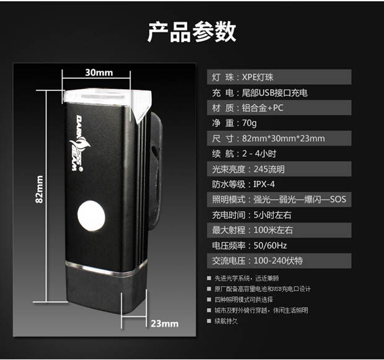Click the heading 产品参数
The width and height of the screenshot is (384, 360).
click(191, 32)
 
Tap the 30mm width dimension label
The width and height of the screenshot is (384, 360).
click(98, 72)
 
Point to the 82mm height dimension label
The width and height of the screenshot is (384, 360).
click(39, 190)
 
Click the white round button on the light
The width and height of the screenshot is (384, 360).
click(90, 217)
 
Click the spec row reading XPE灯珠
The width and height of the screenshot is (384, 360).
click(279, 77)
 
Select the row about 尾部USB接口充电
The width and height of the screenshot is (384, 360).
click(279, 93)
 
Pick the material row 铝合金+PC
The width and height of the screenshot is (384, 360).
click(279, 108)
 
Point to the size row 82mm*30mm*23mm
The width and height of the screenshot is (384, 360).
click(279, 138)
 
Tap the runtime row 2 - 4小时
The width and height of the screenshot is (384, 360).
click(279, 154)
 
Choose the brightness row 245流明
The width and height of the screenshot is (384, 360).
click(279, 169)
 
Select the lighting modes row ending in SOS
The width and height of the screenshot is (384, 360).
click(279, 200)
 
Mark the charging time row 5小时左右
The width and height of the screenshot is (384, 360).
click(279, 215)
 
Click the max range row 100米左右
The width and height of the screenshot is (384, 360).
click(279, 230)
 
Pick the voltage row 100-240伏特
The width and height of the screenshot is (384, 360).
click(279, 261)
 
